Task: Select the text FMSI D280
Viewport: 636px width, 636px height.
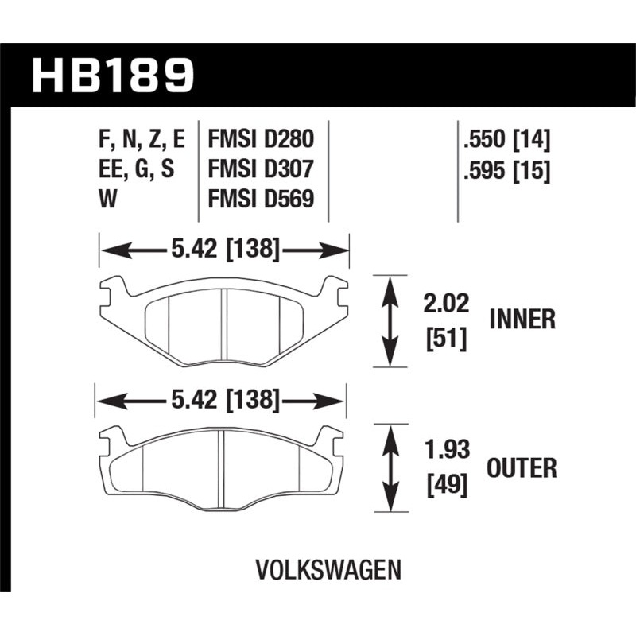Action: [x=260, y=141]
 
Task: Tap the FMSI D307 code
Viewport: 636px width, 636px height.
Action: [x=260, y=170]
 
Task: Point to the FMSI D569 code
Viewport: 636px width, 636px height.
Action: [x=260, y=200]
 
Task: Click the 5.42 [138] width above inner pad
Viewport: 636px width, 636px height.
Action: [x=223, y=250]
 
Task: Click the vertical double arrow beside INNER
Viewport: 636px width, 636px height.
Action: [x=390, y=320]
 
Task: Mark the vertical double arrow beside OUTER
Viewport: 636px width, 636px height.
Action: [x=390, y=469]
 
